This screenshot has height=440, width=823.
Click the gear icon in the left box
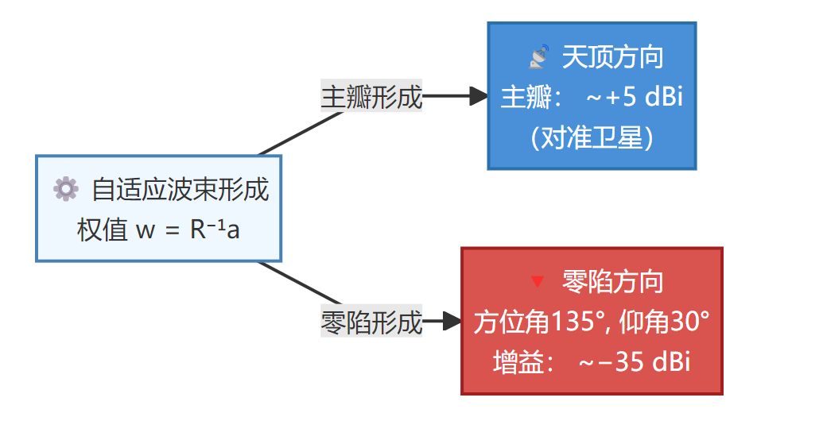(65, 188)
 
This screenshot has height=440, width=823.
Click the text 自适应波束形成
(181, 189)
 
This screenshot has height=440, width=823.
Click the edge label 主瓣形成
(371, 97)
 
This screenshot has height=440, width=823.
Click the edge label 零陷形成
(371, 322)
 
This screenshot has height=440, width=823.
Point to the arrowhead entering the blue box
(479, 97)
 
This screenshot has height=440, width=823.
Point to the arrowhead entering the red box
(452, 322)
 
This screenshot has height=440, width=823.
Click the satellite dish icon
(539, 56)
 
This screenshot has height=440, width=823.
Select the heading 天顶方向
(612, 57)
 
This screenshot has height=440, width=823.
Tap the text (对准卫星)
(592, 138)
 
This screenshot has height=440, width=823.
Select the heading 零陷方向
(612, 281)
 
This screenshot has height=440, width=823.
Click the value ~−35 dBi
(634, 362)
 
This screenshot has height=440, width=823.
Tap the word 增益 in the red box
(518, 362)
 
